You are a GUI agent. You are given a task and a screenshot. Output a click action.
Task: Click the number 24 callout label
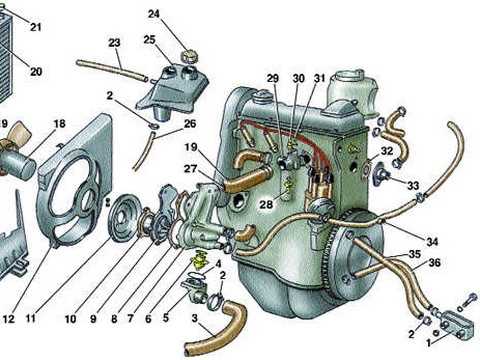[x=154, y=14]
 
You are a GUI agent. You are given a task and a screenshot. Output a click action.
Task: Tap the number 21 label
[x=36, y=27]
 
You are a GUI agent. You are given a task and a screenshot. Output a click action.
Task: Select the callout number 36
[x=435, y=263]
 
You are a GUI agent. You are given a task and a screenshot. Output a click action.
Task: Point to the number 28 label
[x=266, y=204]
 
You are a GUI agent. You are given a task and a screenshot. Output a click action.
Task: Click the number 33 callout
[x=413, y=185]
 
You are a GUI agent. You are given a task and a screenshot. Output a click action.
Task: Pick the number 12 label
[x=9, y=319]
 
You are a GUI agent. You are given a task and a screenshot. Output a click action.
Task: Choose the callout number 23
[x=114, y=43]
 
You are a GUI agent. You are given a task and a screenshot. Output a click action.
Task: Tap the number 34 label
[x=432, y=241]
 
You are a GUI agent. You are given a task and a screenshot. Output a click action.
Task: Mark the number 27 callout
[x=191, y=169]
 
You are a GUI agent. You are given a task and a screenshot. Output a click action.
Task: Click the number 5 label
[x=166, y=318]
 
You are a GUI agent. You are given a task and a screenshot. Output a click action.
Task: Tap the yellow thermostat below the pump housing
[x=198, y=259]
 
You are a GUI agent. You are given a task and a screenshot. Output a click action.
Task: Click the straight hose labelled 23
[x=112, y=70]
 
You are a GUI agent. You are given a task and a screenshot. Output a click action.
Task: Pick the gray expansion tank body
[x=172, y=92]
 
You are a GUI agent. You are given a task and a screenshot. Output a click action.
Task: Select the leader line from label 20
[x=15, y=56]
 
